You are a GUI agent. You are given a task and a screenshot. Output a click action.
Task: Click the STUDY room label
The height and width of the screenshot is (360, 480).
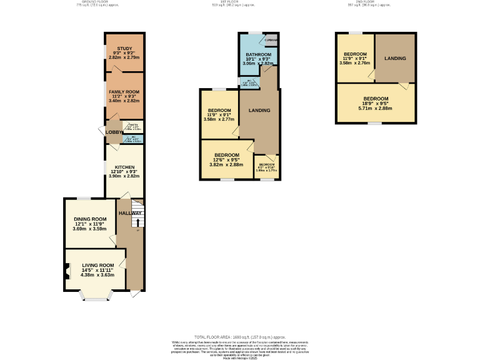click(x=124, y=49)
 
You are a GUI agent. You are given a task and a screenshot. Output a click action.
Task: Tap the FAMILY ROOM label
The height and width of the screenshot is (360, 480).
click(x=124, y=92)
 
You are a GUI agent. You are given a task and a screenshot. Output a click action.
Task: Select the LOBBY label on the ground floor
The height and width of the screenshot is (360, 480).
click(x=113, y=132)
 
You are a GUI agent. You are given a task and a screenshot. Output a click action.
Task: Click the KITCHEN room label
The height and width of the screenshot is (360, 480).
click(x=124, y=167)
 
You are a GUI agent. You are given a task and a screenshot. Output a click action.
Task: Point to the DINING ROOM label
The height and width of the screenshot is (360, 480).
click(x=91, y=219)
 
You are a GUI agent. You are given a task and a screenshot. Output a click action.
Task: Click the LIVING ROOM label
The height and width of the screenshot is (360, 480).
click(x=97, y=265)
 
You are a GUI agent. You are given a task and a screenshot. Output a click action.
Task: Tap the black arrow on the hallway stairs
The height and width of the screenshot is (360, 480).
click(x=138, y=221)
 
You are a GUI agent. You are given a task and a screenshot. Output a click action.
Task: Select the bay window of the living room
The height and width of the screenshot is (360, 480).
click(x=96, y=296)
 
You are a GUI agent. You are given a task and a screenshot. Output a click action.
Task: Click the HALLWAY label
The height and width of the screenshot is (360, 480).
click(x=131, y=213)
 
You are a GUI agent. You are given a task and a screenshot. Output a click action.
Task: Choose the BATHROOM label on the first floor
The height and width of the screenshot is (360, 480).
click(x=257, y=55)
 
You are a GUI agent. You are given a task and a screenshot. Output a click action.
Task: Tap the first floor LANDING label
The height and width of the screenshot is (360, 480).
click(x=259, y=111)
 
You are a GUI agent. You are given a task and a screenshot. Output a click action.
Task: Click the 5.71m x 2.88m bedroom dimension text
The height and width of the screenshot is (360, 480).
click(x=376, y=108)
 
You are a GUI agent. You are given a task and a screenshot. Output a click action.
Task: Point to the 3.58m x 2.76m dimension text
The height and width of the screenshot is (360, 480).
click(x=353, y=63)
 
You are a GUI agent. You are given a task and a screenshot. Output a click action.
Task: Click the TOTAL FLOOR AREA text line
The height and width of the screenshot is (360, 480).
click(x=240, y=336)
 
